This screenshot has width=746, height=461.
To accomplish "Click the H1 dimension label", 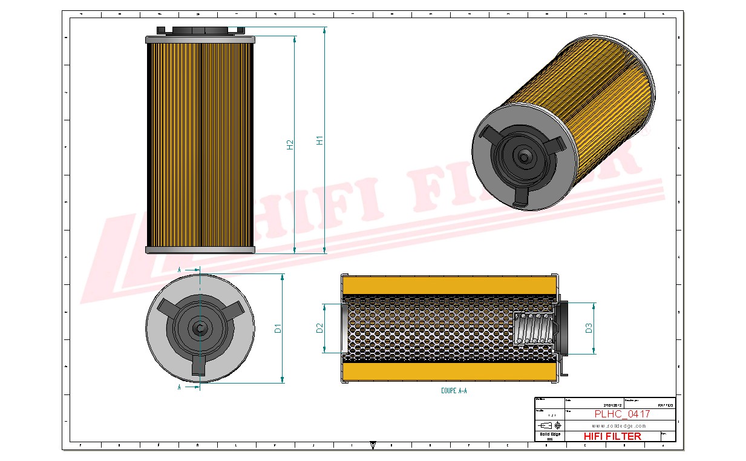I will click(320, 140).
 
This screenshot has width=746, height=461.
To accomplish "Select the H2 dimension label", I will click(290, 145).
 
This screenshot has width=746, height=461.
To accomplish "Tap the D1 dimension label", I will click(278, 329).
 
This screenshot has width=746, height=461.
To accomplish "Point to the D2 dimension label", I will click(319, 329).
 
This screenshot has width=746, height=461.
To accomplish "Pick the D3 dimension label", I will click(588, 329).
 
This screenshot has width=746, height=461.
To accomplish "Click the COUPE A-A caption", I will click(454, 391).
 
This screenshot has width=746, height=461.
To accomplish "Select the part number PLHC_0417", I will click(622, 414).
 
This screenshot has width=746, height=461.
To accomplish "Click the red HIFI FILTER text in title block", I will click(612, 436).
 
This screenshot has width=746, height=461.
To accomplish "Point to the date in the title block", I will click(612, 405).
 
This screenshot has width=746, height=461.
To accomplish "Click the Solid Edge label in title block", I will click(549, 434).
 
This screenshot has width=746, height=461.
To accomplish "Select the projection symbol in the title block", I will click(553, 425).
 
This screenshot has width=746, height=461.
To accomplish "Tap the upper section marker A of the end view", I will click(180, 269).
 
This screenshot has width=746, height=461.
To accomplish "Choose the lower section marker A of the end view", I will click(180, 387).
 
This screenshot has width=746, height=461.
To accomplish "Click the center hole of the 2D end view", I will click(200, 328).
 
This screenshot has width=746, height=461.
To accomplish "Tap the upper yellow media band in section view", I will click(450, 285).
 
